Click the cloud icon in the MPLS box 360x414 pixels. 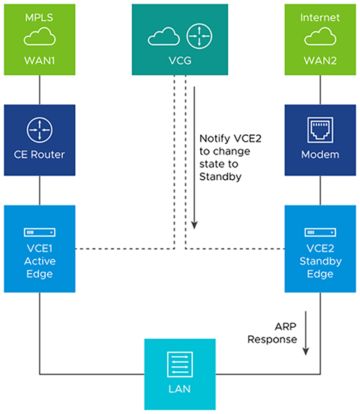click(x=40, y=37)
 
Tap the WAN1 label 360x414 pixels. click(x=40, y=61)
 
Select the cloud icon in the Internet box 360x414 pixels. click(x=320, y=37)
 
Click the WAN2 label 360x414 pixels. click(x=320, y=61)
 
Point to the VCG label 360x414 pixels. click(x=180, y=61)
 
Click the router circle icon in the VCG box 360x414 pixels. click(x=199, y=36)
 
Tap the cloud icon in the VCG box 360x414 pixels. click(x=163, y=36)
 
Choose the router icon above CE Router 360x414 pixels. click(x=40, y=130)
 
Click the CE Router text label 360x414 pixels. click(x=39, y=154)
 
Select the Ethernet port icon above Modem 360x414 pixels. click(x=320, y=130)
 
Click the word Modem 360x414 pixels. click(x=320, y=154)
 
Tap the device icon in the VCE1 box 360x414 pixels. click(x=40, y=232)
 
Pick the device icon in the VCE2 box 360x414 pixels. click(x=320, y=232)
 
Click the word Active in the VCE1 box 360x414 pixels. click(x=40, y=261)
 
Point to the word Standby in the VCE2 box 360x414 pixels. click(x=321, y=262)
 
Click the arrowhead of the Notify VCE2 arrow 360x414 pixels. click(x=194, y=225)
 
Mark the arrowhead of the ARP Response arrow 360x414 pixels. click(x=305, y=351)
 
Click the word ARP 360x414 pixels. click(x=286, y=327)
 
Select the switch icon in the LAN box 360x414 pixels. click(x=180, y=364)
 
